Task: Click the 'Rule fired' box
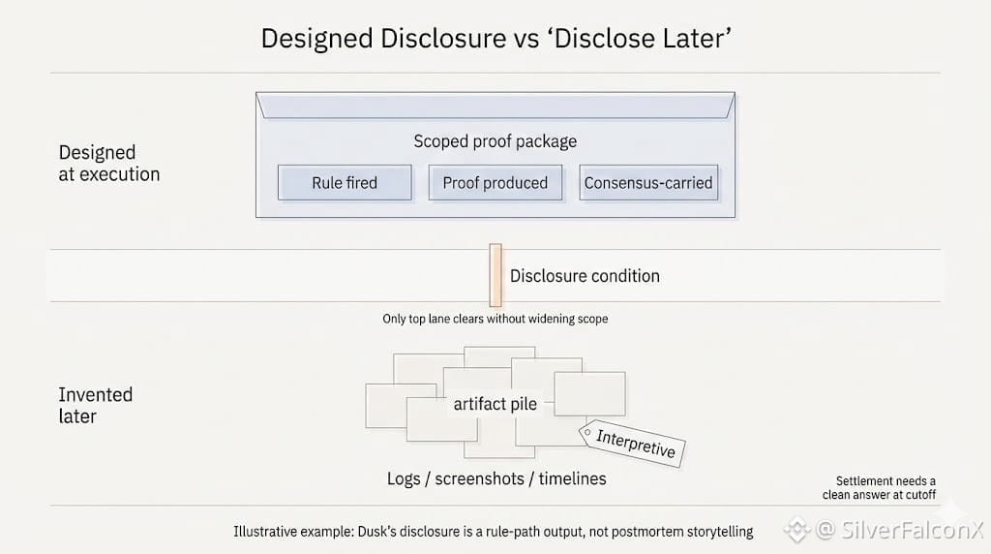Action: (345, 182)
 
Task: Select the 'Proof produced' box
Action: (495, 182)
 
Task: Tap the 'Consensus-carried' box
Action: (648, 182)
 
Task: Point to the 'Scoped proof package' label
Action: (495, 141)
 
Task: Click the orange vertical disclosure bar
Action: (495, 275)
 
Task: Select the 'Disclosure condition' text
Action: (585, 276)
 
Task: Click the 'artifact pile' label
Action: (495, 404)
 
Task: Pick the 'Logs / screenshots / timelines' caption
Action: (496, 478)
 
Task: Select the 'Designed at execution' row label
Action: (108, 164)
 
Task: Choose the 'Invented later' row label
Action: (95, 406)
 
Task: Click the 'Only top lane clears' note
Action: (495, 319)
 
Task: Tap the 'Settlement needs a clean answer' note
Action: (886, 488)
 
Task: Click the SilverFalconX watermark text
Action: (899, 530)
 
